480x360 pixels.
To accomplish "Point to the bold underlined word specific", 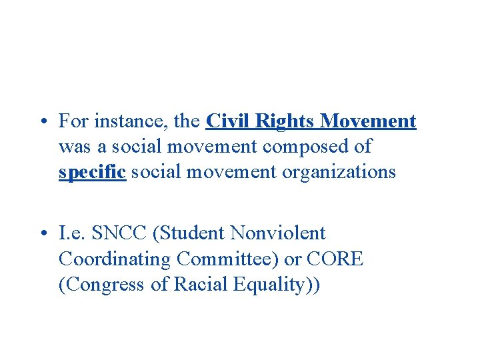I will pos(92,172).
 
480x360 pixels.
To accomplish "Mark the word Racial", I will pos(198,284).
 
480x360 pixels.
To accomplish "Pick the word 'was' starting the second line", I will pos(72,147).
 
